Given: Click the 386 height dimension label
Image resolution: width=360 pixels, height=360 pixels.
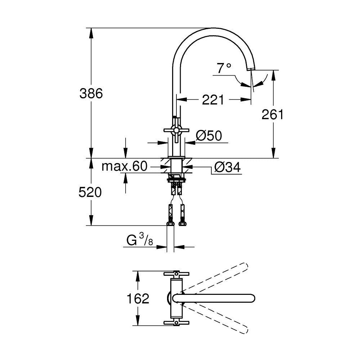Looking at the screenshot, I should point(91,93).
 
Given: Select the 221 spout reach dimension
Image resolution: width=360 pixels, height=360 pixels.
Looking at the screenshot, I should point(213,100).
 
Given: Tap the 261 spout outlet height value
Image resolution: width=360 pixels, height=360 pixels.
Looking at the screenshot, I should point(273,114).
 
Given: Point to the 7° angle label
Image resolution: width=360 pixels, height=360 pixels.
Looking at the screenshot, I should point(224,68).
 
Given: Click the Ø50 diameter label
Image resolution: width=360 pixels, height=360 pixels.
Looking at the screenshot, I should point(209,136).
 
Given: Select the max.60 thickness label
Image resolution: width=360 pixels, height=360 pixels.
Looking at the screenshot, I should point(125,166).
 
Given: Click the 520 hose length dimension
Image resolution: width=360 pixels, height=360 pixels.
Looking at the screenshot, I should point(90,193).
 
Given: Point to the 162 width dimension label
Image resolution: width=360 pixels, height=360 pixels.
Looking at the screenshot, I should point(138,298).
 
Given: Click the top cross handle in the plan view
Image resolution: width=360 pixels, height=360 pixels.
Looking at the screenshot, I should point(176,274).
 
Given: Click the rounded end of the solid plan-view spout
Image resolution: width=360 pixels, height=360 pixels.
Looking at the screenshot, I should point(251,298).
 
